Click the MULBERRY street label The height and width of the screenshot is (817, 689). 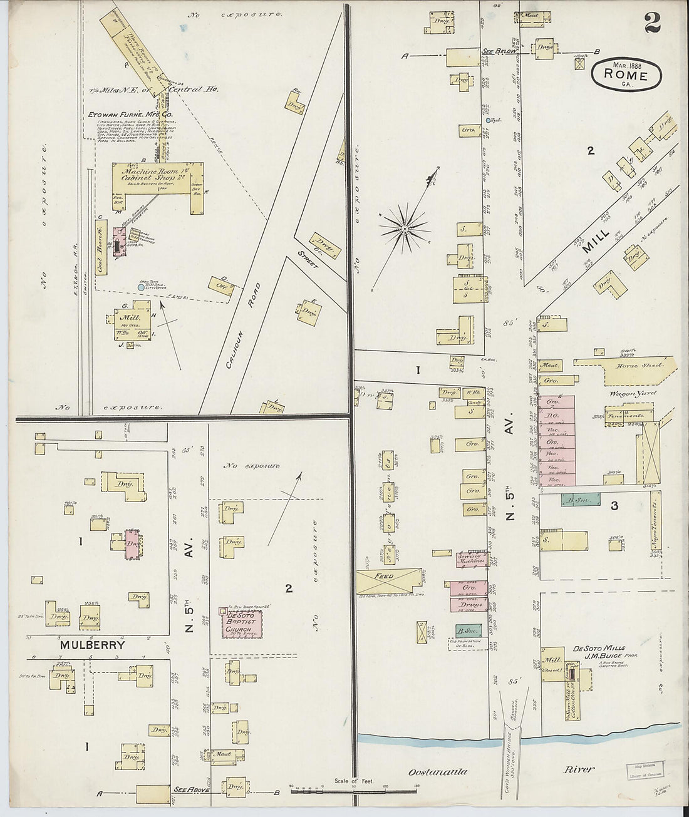click(93, 644)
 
